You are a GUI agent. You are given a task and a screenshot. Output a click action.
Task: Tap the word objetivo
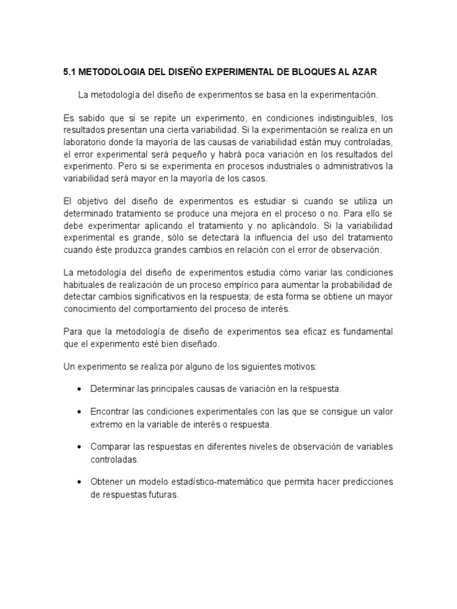coord(96,202)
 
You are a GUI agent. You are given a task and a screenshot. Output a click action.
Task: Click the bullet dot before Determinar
coord(79,389)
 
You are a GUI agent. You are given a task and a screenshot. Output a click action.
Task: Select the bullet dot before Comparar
coord(79,447)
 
